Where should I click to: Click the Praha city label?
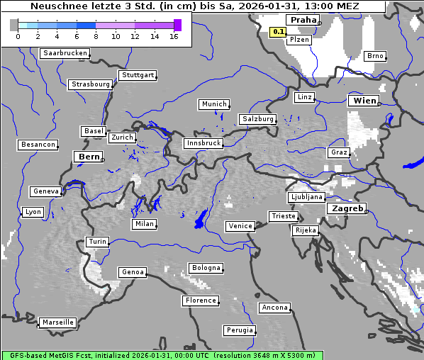[x=303, y=20]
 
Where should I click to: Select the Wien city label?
[x=364, y=101]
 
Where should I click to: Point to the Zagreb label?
[x=345, y=208]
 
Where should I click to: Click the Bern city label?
[x=89, y=157]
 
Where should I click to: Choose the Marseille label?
[x=57, y=322]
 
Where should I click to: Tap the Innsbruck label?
[x=203, y=143]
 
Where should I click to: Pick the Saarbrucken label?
[x=65, y=53]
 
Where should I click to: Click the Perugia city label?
[x=239, y=330]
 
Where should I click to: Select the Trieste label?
[x=283, y=216]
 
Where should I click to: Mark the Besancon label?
[x=38, y=145]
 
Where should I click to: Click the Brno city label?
[x=375, y=56]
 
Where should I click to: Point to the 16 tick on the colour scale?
[x=174, y=36]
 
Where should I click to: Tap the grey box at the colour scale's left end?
[x=14, y=25]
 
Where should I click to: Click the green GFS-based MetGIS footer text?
[x=162, y=355]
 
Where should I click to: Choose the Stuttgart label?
[x=138, y=75]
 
